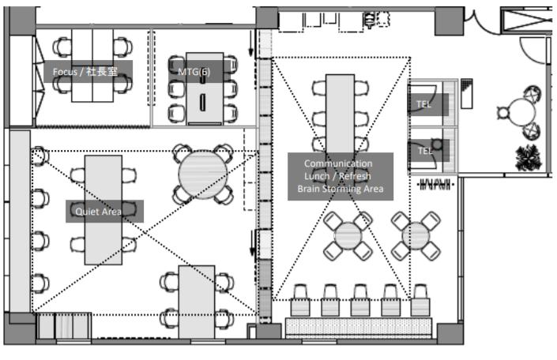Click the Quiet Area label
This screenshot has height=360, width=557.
coord(99,212)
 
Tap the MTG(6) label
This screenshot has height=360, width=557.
coord(194,72)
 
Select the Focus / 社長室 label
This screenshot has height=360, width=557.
coord(85,72)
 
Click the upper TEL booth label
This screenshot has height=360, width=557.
coord(423,104)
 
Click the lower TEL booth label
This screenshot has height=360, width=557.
coord(424,151)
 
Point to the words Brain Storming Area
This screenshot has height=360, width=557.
coord(341,189)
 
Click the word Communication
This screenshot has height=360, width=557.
coord(338,163)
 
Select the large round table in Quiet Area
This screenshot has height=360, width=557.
coord(203,174)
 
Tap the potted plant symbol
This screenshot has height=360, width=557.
coord(529,157)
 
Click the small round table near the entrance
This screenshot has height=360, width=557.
coord(521,112)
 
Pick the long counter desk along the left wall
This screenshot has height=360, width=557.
coord(20,221)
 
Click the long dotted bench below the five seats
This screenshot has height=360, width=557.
coord(359,327)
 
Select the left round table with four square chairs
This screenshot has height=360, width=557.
coord(348,236)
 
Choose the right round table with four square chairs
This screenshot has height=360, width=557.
coord(416,236)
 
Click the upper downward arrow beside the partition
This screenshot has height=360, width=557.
coord(251,43)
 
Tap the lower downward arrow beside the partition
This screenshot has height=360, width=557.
coord(253,243)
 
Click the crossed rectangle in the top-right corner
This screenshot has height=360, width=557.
coord(526,21)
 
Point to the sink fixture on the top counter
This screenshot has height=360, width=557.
coord(370,20)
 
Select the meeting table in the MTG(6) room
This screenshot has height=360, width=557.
coord(205,88)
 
